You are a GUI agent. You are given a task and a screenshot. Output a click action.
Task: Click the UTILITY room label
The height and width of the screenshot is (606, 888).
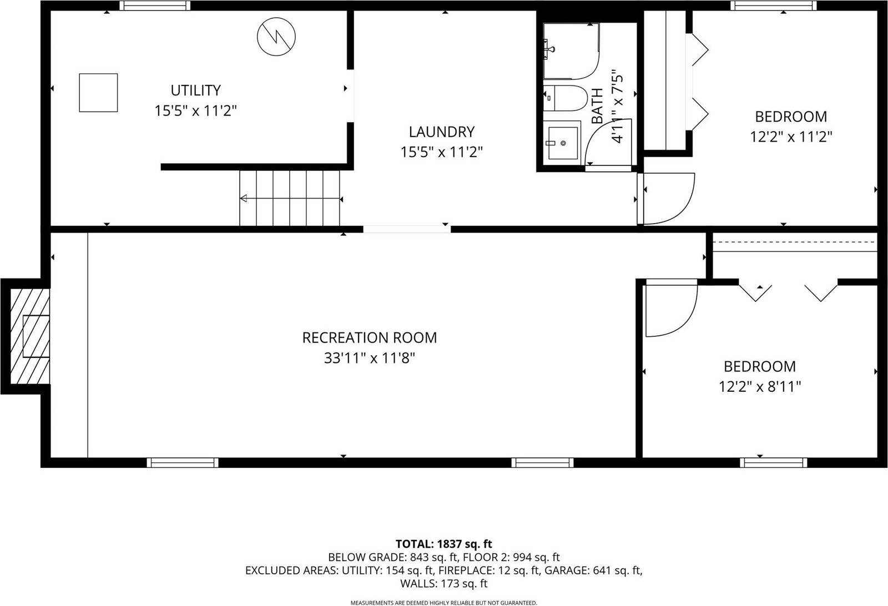click(x=195, y=90)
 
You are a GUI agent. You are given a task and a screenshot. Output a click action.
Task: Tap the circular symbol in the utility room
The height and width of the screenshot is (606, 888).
click(x=276, y=36)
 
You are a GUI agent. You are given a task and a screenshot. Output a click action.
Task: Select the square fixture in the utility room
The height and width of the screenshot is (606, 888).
click(x=98, y=93)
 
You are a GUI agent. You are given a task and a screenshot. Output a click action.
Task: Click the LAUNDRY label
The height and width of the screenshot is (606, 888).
click(x=442, y=132)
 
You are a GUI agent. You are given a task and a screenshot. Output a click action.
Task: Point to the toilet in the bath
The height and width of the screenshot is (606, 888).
click(x=565, y=98)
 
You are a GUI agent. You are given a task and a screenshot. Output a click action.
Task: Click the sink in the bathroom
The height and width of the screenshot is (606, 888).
click(x=563, y=143)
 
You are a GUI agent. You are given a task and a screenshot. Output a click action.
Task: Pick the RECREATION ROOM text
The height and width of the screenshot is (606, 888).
click(x=370, y=337)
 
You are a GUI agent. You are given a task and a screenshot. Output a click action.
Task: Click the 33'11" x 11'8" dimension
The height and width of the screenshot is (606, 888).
click(x=370, y=358)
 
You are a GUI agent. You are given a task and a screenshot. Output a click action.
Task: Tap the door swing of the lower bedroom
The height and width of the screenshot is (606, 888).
click(x=670, y=310)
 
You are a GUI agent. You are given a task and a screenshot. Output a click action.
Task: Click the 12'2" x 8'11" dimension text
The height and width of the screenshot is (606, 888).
click(x=760, y=387)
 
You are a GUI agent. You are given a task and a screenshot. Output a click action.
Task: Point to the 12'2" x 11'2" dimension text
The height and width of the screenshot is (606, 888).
click(x=791, y=137)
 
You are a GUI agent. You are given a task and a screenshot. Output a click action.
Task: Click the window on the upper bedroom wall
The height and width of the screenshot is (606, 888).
click(x=773, y=6)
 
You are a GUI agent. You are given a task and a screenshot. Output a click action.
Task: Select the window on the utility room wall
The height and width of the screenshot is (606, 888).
click(x=155, y=6)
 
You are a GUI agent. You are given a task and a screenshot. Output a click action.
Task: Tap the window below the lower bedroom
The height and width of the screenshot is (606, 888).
click(x=773, y=462)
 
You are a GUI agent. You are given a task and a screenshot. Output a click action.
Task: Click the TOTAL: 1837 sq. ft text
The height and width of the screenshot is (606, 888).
click(x=443, y=544)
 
